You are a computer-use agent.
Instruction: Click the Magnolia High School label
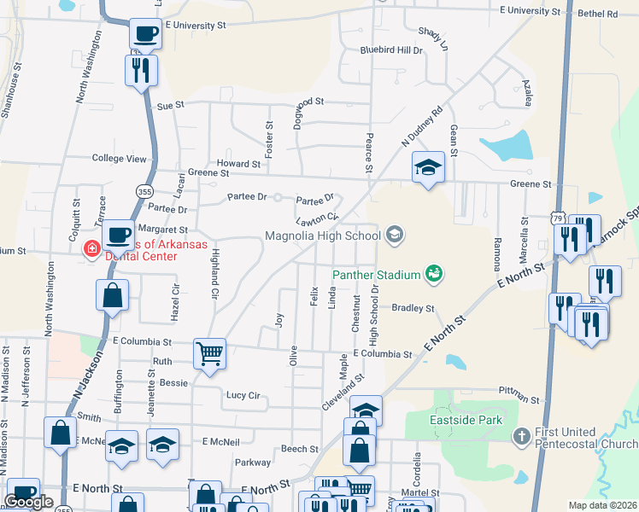pos(323,236)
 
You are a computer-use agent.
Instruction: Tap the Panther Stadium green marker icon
pos(434,273)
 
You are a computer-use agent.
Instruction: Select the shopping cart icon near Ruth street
pos(209,352)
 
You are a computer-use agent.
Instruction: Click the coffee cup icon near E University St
pos(145,34)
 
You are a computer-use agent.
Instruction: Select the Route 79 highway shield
pos(557,219)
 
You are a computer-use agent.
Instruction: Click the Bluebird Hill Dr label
pos(391,50)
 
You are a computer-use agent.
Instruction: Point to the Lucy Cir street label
pos(243,395)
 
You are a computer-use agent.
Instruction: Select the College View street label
pos(120,159)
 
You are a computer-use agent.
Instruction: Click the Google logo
pos(29,502)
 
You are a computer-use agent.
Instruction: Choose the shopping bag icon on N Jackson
pos(113,296)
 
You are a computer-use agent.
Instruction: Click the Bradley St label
pos(413,308)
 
